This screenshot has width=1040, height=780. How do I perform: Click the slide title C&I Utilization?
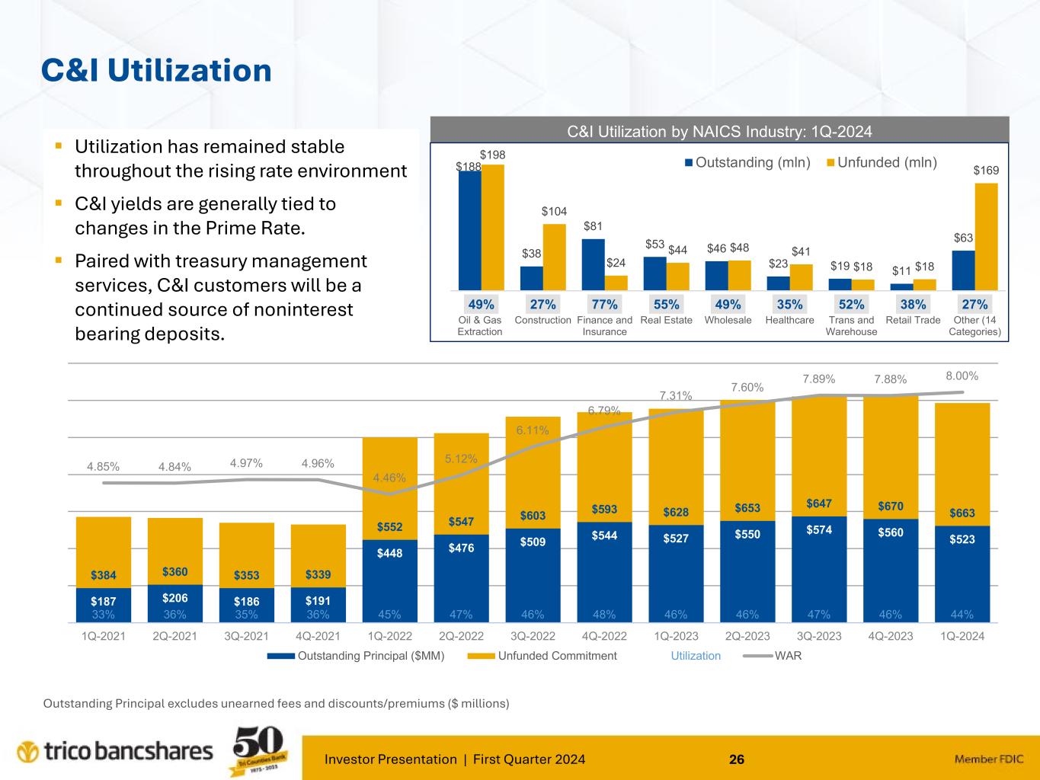pyautogui.click(x=156, y=71)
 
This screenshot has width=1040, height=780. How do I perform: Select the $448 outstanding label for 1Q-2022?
pyautogui.click(x=389, y=553)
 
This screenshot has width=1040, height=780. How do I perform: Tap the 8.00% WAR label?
pyautogui.click(x=962, y=376)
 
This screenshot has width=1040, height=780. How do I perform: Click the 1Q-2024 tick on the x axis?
pyautogui.click(x=962, y=636)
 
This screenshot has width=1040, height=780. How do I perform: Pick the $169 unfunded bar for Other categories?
pyautogui.click(x=986, y=236)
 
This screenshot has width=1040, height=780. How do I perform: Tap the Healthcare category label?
pyautogui.click(x=789, y=320)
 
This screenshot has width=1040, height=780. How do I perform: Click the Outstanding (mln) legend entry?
pyautogui.click(x=747, y=163)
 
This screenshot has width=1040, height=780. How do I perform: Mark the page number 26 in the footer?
pyautogui.click(x=737, y=759)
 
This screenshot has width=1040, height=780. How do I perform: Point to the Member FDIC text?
pyautogui.click(x=989, y=759)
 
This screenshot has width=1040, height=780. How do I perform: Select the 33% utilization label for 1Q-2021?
pyautogui.click(x=103, y=615)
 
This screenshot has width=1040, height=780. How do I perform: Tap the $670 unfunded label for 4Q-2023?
pyautogui.click(x=890, y=506)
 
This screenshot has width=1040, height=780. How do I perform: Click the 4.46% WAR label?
pyautogui.click(x=389, y=478)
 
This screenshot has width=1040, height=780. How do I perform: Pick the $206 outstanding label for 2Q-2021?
pyautogui.click(x=174, y=599)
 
